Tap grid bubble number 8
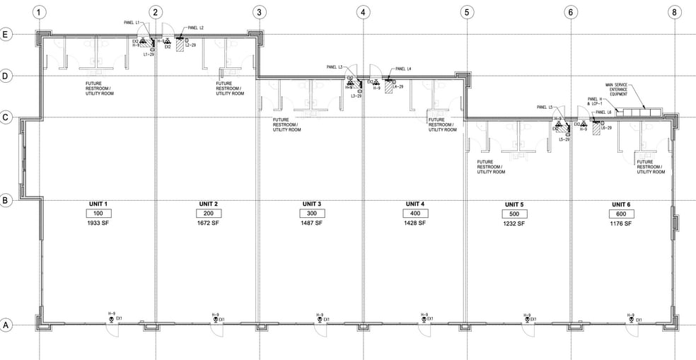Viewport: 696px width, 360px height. tap(674, 12)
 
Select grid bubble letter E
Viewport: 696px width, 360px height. tap(7, 34)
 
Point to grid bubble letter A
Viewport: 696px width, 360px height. tap(7, 325)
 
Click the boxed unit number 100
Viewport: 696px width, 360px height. tap(98, 214)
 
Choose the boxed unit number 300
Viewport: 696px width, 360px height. tap(310, 214)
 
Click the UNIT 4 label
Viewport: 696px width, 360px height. tap(414, 204)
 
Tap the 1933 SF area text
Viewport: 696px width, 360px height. tap(98, 223)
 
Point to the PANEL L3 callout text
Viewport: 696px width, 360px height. tap(335, 67)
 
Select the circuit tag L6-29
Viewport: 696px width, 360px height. tap(606, 128)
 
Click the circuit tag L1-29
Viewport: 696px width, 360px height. tap(150, 54)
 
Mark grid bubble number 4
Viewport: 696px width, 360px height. tap(363, 12)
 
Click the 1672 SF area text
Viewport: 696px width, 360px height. tap(206, 223)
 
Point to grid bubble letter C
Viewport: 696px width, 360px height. tap(7, 117)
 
